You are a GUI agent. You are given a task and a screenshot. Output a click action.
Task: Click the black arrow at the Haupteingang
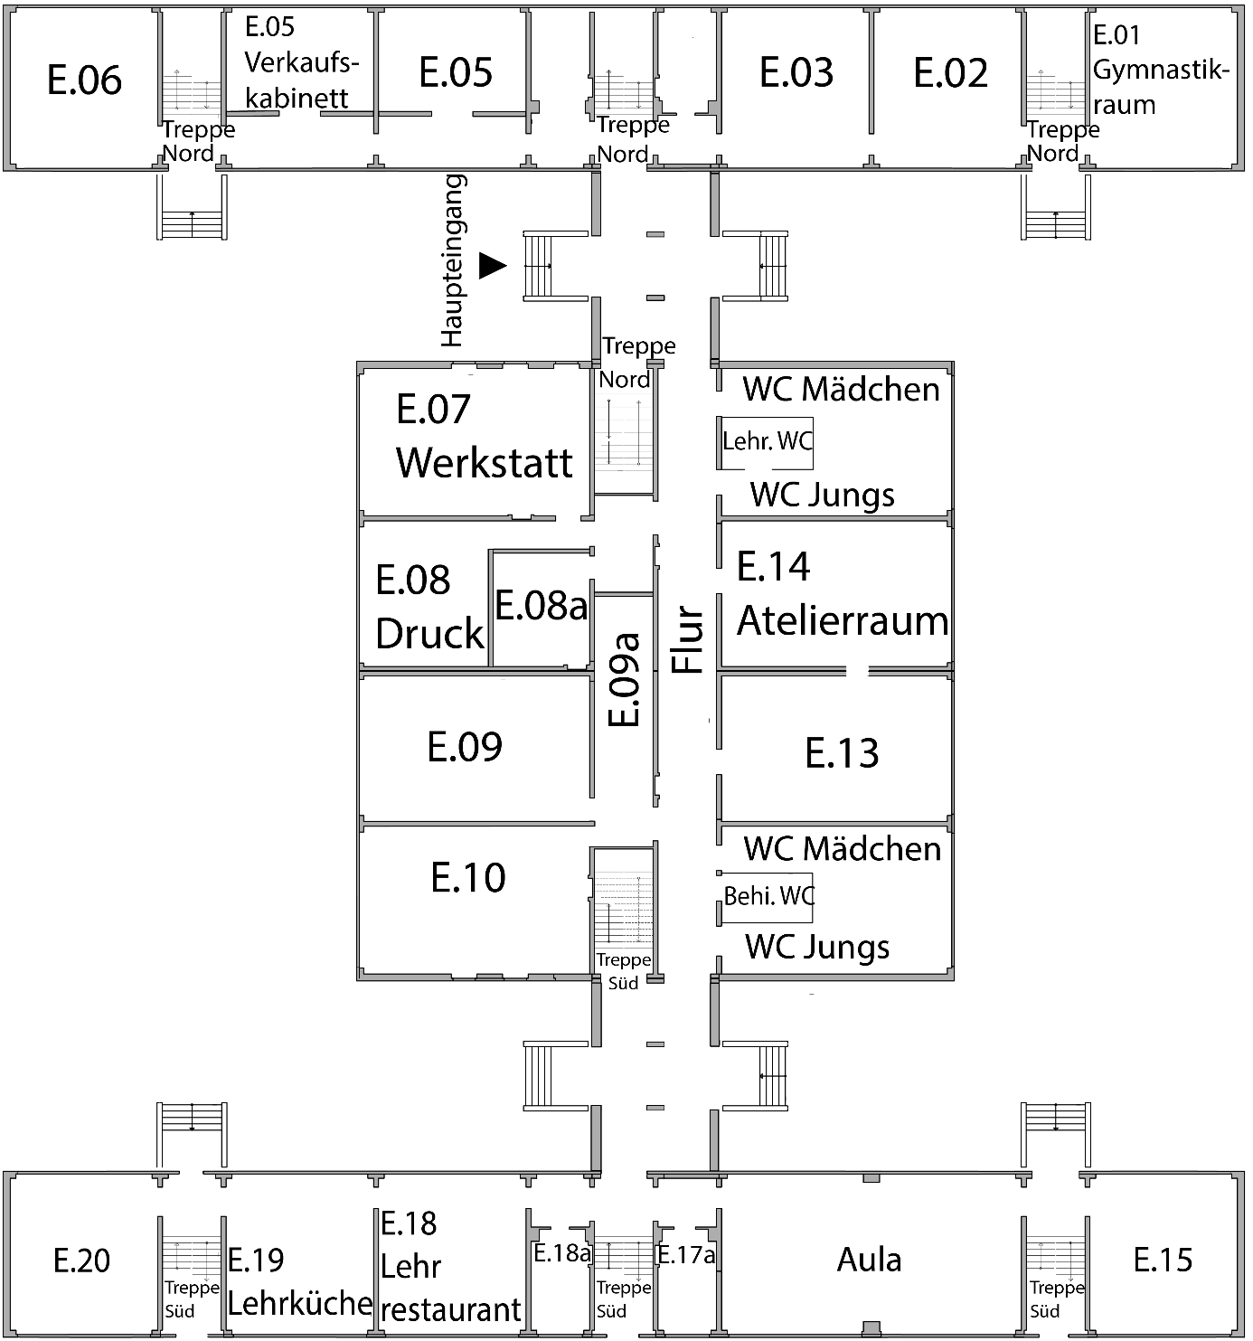pyautogui.click(x=492, y=265)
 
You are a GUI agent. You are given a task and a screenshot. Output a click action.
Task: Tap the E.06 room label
pyautogui.click(x=84, y=80)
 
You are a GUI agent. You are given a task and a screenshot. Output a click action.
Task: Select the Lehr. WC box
pyautogui.click(x=767, y=442)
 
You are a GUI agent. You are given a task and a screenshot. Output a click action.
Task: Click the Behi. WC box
pyautogui.click(x=768, y=896)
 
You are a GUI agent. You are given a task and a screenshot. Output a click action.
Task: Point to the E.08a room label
pyautogui.click(x=541, y=606)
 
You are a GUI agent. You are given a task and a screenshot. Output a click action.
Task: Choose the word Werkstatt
pyautogui.click(x=485, y=462)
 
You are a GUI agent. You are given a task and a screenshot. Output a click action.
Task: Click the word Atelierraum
pyautogui.click(x=843, y=621)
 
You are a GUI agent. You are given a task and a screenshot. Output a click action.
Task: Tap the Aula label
pyautogui.click(x=869, y=1260)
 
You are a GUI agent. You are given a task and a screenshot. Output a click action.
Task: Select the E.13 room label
pyautogui.click(x=841, y=752)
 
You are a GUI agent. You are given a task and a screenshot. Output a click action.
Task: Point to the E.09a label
pyautogui.click(x=625, y=679)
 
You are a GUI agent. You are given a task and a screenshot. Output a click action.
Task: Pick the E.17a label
pyautogui.click(x=685, y=1255)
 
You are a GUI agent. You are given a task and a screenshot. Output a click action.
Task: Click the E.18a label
pyautogui.click(x=561, y=1254)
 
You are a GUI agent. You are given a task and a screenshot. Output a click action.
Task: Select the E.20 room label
pyautogui.click(x=81, y=1260)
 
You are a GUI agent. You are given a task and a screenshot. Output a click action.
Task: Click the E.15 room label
pyautogui.click(x=1163, y=1260)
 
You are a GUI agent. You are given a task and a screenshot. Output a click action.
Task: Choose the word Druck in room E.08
pyautogui.click(x=429, y=634)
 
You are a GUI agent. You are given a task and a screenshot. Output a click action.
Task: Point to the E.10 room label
pyautogui.click(x=467, y=877)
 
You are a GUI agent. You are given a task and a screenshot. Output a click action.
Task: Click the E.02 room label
pyautogui.click(x=950, y=73)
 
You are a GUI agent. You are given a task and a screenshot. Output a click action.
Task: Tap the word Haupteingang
pyautogui.click(x=453, y=260)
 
